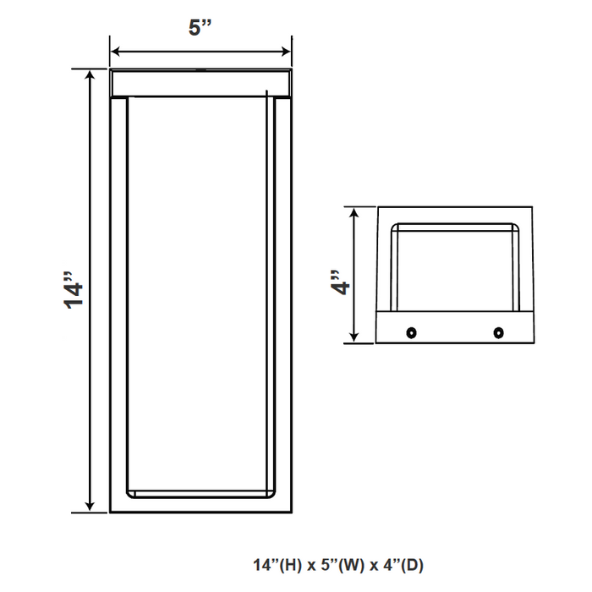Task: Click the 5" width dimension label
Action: [x=200, y=27]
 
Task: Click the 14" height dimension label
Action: [x=76, y=291]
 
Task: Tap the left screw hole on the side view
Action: [x=412, y=331]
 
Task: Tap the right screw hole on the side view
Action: [x=498, y=331]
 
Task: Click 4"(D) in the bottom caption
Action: [x=398, y=564]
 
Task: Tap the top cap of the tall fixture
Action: [x=201, y=82]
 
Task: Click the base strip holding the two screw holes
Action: [x=455, y=331]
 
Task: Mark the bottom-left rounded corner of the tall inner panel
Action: [x=129, y=491]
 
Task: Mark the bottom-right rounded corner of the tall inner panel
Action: [x=273, y=491]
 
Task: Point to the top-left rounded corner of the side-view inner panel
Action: [x=397, y=227]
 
